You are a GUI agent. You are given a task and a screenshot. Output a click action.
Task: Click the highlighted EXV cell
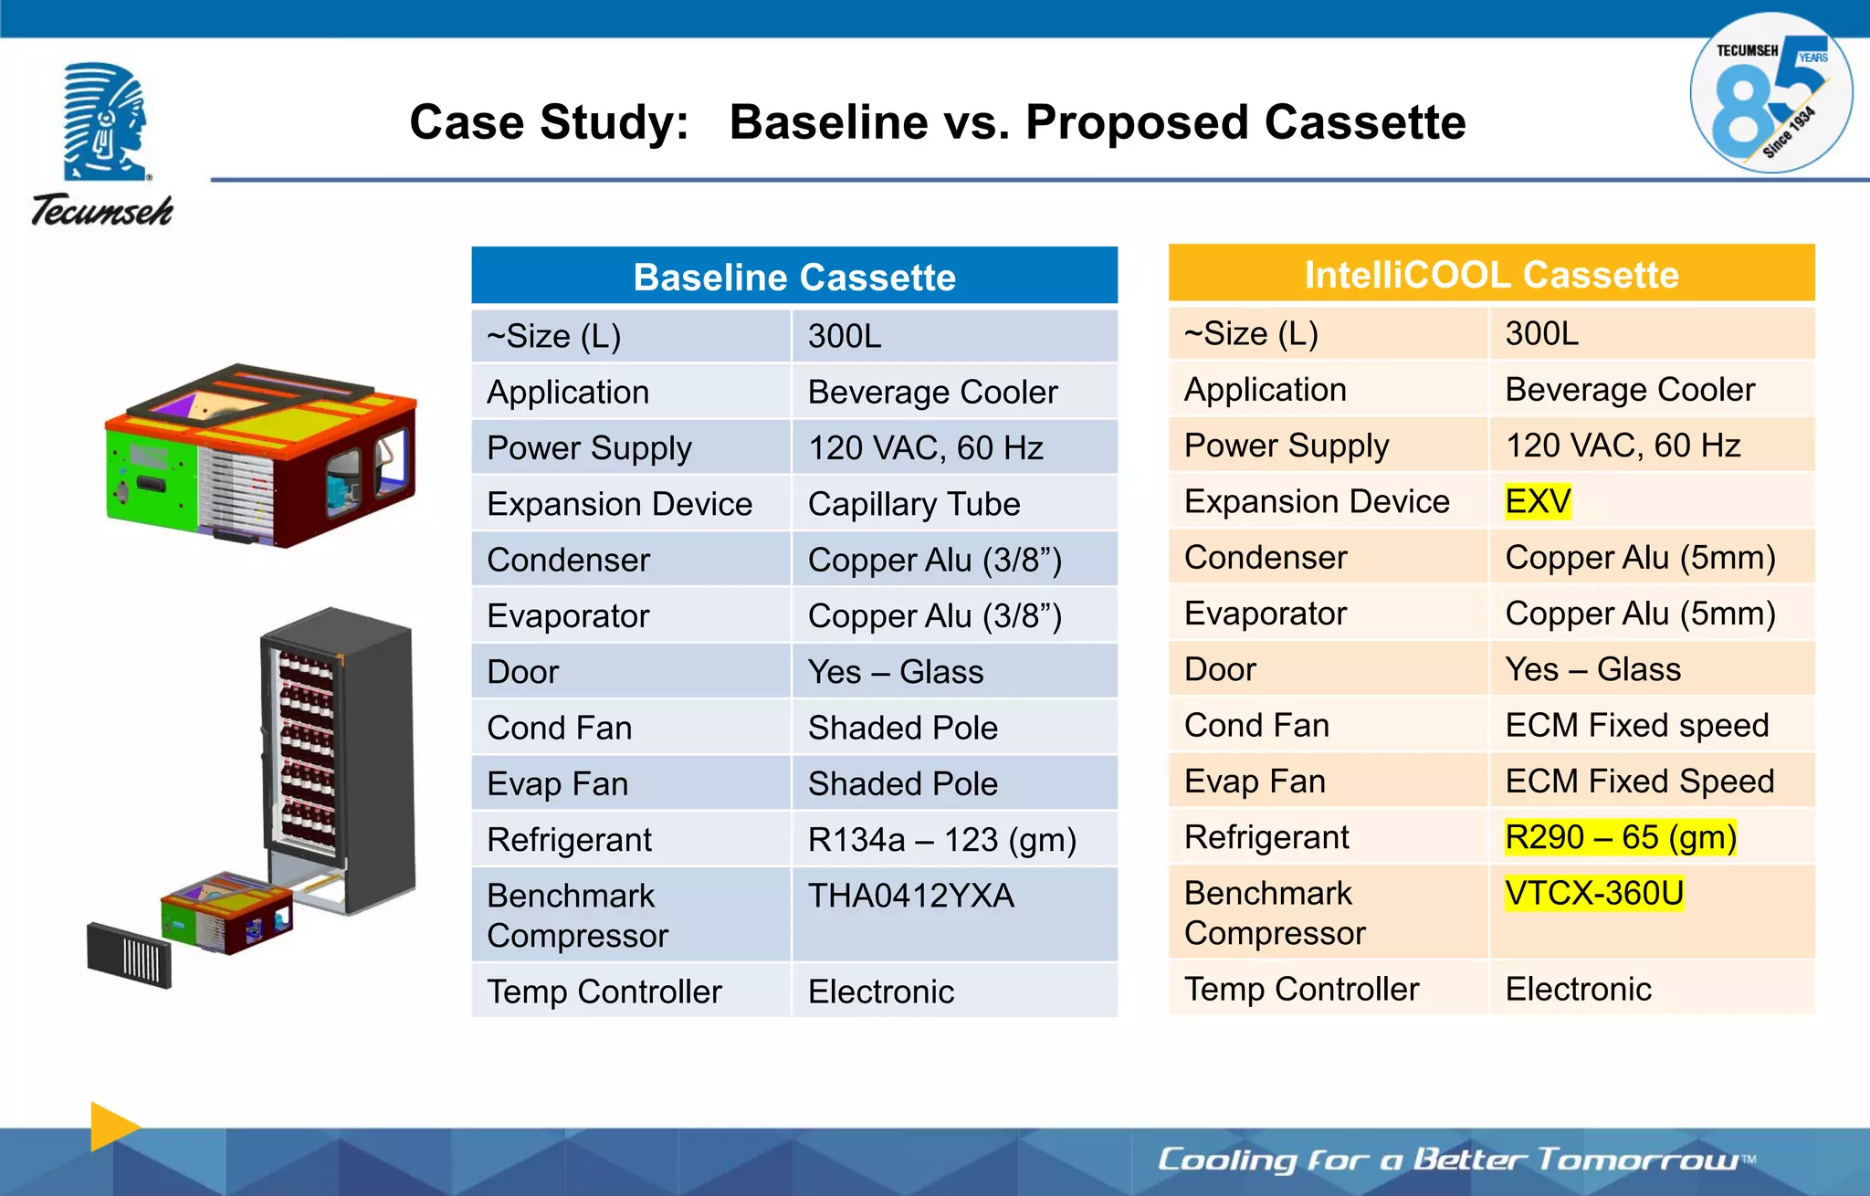pos(1538,501)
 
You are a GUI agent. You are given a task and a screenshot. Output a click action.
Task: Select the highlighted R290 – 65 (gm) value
pos(1621,836)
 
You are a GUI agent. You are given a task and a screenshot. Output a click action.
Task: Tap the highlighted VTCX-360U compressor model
pos(1594,893)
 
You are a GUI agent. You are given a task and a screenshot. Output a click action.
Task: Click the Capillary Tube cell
pos(913,504)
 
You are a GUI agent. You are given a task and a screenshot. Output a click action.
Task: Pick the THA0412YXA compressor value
pos(910,896)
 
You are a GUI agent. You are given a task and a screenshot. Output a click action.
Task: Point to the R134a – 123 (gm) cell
pos(941,839)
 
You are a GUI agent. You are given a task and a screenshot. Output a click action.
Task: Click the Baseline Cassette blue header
pos(794,276)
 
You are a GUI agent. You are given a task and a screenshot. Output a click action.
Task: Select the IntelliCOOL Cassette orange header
pos(1491,274)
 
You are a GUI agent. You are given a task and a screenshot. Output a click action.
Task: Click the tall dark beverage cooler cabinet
pos(338,758)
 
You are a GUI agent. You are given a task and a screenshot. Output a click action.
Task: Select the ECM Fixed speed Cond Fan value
pos(1636,725)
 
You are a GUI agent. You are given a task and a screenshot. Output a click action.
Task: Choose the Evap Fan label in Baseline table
pos(557,783)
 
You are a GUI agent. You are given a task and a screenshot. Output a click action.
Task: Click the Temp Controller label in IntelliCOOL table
pos(1301,989)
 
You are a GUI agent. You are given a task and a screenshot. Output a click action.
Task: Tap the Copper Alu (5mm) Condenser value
pos(1640,557)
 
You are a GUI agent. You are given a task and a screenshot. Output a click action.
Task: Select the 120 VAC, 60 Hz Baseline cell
pos(925,447)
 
